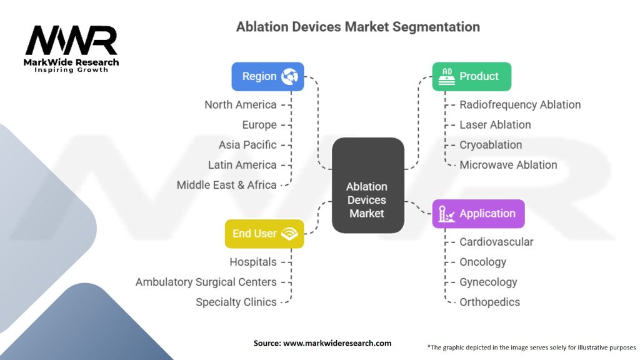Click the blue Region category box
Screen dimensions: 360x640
[267, 76]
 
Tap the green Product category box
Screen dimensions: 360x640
[471, 76]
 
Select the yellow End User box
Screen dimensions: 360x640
[264, 234]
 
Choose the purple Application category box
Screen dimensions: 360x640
[478, 214]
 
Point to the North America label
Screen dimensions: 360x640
[241, 104]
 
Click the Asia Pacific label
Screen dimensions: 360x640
[247, 144]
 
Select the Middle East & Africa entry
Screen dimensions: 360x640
[226, 184]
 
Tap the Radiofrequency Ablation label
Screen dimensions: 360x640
[520, 104]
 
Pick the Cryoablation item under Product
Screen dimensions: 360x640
[491, 144]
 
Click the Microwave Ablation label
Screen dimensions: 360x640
[508, 164]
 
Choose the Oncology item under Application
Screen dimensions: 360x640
[482, 262]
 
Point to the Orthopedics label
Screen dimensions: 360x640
[489, 302]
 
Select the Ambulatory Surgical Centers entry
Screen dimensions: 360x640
[206, 282]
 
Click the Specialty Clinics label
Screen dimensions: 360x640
[236, 302]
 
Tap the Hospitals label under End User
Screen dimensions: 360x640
[252, 262]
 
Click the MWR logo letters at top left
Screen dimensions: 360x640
[71, 41]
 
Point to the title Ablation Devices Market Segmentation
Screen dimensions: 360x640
[358, 27]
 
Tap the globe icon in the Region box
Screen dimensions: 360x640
[290, 77]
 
